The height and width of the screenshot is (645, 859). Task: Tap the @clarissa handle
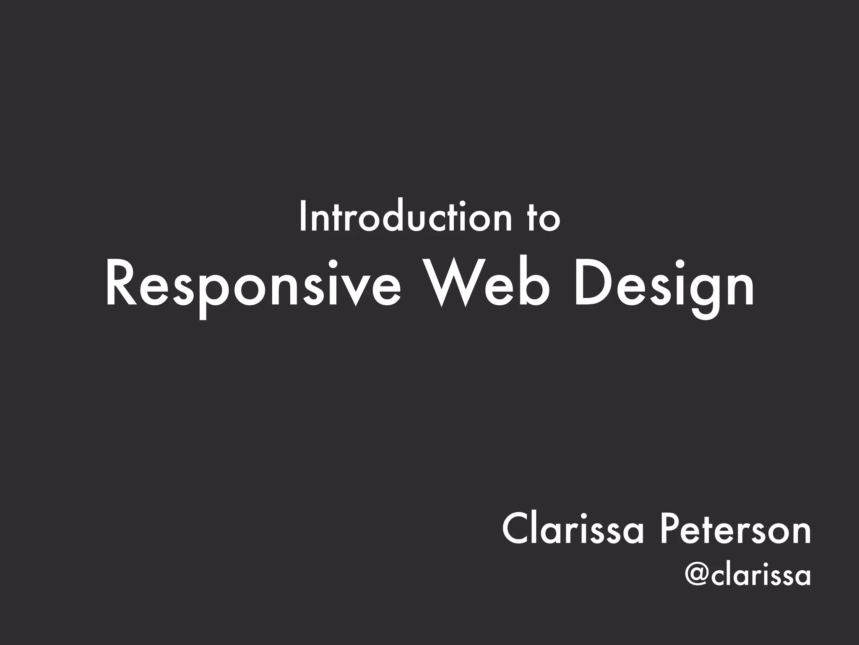[x=747, y=576]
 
